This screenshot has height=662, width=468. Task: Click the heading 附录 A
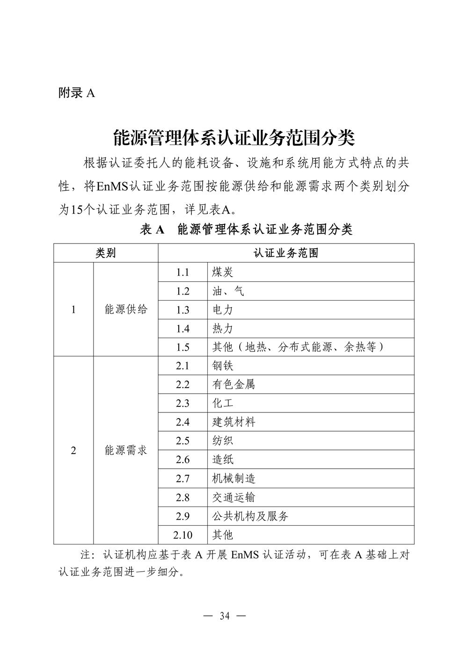(x=77, y=93)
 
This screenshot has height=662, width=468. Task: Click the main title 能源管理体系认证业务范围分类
(x=234, y=138)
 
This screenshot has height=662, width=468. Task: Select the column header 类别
(x=106, y=253)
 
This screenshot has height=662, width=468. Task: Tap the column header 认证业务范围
(x=286, y=253)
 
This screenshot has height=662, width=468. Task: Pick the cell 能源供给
(x=126, y=309)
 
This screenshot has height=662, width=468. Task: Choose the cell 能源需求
(x=126, y=450)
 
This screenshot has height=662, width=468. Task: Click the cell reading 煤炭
(x=223, y=272)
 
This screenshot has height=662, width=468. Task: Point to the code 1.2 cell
(x=183, y=291)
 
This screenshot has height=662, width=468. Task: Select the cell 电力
(x=223, y=310)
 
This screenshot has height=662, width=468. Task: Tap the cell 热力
(x=223, y=329)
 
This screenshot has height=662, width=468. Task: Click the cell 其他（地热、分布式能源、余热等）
(x=298, y=347)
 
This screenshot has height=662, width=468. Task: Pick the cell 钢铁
(x=223, y=366)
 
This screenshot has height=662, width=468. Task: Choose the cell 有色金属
(x=234, y=384)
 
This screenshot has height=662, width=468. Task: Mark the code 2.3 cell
(x=183, y=403)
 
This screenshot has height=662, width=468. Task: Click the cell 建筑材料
(x=234, y=422)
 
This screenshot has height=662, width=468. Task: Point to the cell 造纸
(x=223, y=460)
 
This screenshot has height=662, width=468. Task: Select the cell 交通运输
(x=234, y=497)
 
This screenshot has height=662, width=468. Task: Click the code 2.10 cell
(x=183, y=535)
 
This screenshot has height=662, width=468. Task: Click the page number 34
(x=225, y=616)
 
